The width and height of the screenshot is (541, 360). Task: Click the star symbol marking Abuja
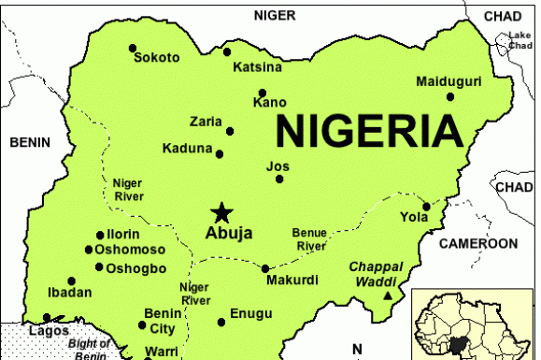coord(221,212)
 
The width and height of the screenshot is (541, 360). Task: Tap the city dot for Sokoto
coord(132,47)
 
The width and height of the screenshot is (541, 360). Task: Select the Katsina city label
coord(257,66)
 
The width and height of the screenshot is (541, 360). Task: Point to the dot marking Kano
coord(263,93)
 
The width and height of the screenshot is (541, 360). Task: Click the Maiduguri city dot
coord(450,96)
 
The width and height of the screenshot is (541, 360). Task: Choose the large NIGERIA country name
coord(368,131)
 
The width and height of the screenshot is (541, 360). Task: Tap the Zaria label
coord(206,122)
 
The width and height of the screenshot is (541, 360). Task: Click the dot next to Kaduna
coord(220,154)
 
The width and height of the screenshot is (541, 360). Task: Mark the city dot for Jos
coord(278,178)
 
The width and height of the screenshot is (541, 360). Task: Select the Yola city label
coord(414,217)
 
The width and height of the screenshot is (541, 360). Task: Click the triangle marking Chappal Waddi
coord(388,296)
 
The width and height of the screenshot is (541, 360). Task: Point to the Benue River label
coord(309,238)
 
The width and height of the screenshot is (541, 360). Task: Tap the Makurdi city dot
coord(264,268)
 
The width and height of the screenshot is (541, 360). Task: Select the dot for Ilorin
coord(100,235)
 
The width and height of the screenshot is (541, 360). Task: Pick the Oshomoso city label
coord(132,250)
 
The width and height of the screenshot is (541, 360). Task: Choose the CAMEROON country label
coord(477,243)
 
